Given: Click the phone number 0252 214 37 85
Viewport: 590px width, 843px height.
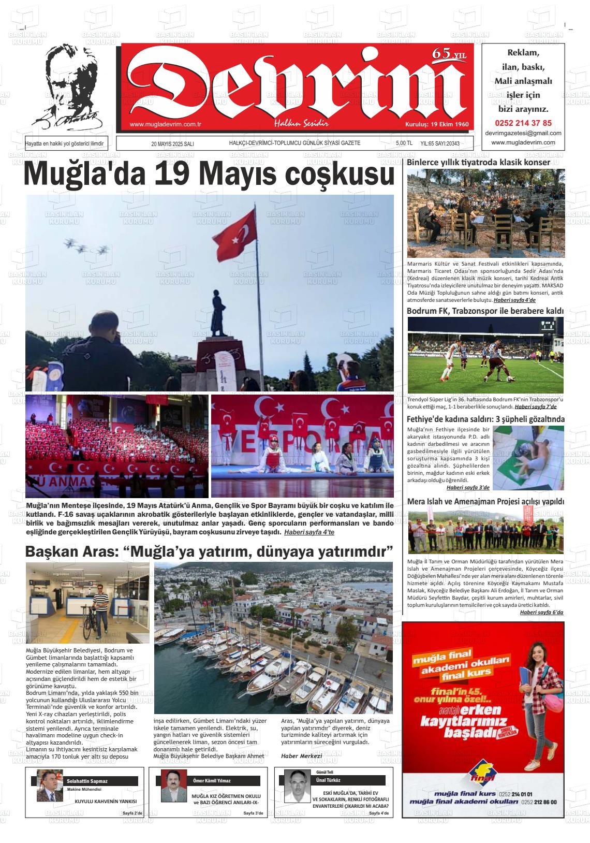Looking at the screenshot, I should pos(523,123).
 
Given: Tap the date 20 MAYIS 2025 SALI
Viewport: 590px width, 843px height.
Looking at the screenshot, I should pos(172,144).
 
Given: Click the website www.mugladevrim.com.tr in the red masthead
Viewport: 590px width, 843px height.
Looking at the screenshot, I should pos(165,124).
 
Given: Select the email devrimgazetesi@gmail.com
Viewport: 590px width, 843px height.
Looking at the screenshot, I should pos(523,133).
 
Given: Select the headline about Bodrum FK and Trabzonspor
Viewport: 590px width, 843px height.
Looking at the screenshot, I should pos(485,311).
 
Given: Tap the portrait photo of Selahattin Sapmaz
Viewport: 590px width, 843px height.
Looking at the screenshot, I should pos(50,786).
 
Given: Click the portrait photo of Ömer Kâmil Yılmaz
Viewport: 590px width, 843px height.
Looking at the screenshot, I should pos(174,786).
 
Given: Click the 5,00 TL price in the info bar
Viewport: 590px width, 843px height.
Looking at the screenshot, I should pos(404,143).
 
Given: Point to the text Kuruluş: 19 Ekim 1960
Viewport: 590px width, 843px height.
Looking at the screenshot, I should pos(436,125).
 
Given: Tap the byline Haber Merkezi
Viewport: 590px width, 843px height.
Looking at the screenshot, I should pos(301,756).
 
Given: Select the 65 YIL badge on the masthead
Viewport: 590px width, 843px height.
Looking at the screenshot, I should pos(449,54).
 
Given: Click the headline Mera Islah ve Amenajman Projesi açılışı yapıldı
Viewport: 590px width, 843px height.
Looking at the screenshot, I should pos(485,502).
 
